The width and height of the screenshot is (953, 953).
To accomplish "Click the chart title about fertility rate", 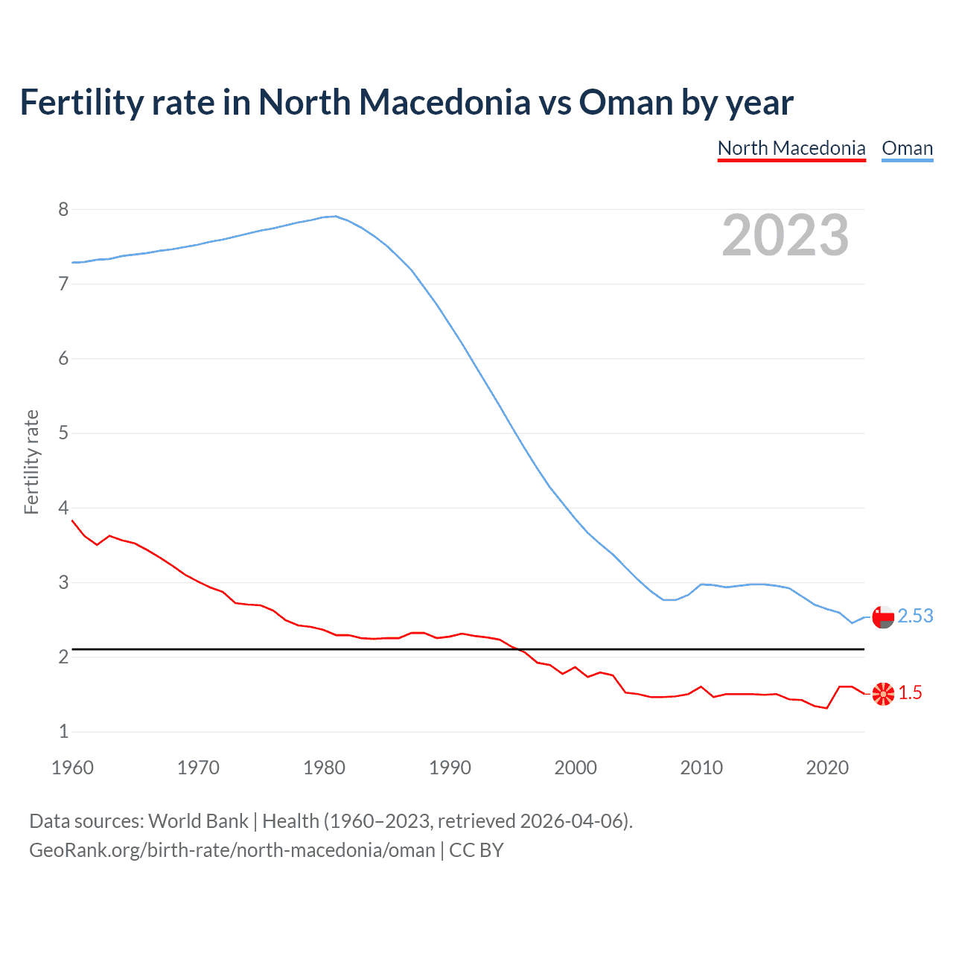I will click(x=407, y=102).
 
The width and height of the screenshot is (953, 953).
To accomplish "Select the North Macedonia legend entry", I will click(x=791, y=148).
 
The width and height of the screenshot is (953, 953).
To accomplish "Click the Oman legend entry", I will click(x=907, y=148).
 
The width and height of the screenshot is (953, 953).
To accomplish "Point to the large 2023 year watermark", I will click(x=785, y=235).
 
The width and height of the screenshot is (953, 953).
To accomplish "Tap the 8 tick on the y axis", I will click(x=63, y=209).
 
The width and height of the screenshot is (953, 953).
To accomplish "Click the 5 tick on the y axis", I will click(x=63, y=433).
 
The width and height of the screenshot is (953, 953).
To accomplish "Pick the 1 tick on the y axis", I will click(x=63, y=732).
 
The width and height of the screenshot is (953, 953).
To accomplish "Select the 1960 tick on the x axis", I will click(x=72, y=768).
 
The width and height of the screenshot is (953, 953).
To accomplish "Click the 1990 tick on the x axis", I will click(x=450, y=768).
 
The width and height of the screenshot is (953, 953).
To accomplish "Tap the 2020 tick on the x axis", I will click(x=827, y=768).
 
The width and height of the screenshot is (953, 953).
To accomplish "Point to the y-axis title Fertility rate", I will click(x=31, y=462).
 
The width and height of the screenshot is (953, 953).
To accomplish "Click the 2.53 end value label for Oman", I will click(x=915, y=616).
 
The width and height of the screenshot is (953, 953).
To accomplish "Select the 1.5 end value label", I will click(x=910, y=693).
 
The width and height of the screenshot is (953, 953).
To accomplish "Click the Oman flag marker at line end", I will click(x=883, y=617).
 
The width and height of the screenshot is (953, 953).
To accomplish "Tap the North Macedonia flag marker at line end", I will click(x=883, y=694).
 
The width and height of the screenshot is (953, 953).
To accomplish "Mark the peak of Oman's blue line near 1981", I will click(x=336, y=216).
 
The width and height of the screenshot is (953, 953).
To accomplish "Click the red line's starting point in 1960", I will click(x=72, y=520).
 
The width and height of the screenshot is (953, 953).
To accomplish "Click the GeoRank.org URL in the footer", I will click(x=232, y=850).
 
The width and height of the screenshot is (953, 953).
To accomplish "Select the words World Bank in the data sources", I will click(x=198, y=821).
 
